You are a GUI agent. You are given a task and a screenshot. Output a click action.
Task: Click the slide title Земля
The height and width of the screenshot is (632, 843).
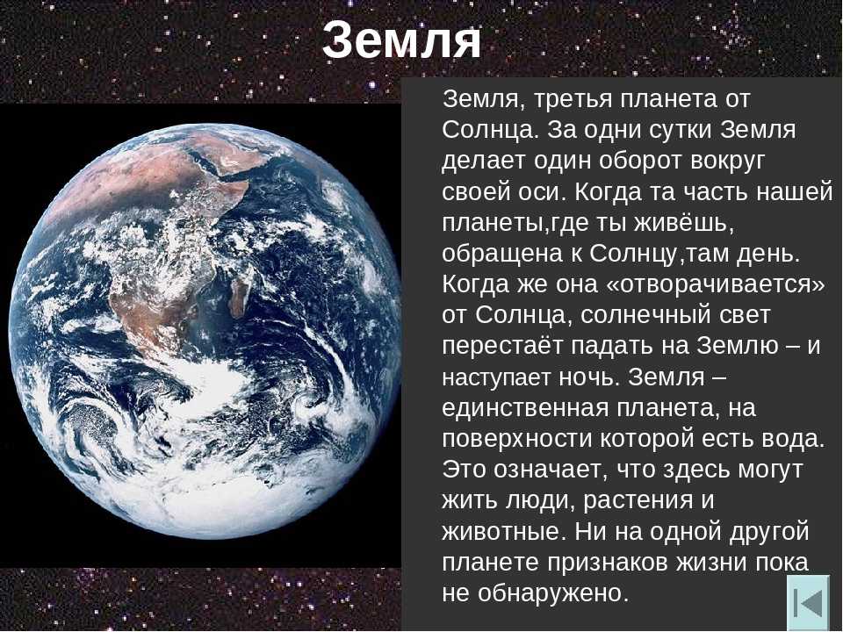coord(401,41)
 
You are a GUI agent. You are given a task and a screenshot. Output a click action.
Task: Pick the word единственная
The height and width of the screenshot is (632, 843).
coord(525,408)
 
